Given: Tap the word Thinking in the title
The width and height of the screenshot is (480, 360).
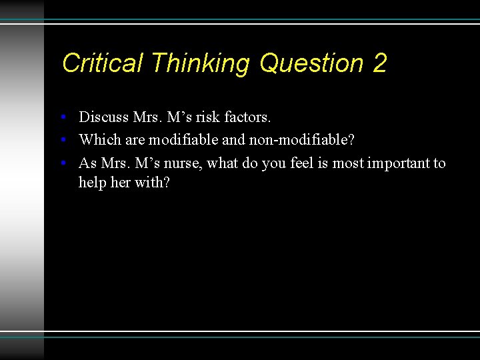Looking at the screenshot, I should click(200, 63).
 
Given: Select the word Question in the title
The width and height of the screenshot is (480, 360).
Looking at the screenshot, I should click(311, 63).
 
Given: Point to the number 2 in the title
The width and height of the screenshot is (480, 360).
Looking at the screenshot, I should click(380, 63).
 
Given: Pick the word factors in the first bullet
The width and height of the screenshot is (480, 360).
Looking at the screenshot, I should click(248, 117).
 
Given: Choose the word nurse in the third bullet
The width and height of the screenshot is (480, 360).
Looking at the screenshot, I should click(182, 163).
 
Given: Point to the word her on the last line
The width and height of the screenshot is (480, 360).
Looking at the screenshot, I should click(120, 182).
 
